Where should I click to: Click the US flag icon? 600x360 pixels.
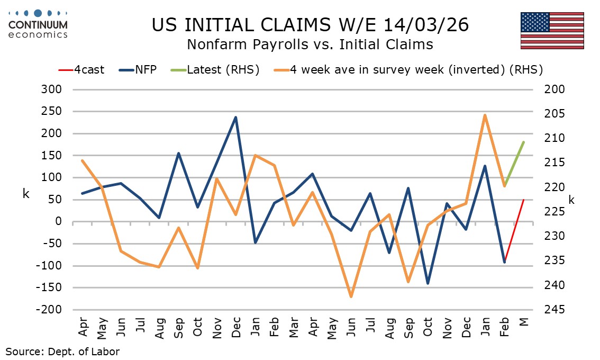552,31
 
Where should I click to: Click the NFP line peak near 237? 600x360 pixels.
236,117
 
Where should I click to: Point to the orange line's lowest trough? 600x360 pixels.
351,296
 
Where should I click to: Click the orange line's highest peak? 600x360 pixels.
485,115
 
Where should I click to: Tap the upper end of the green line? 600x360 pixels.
524,142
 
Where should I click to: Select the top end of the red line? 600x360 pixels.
524,200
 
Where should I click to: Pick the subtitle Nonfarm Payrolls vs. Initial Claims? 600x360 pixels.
310,44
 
